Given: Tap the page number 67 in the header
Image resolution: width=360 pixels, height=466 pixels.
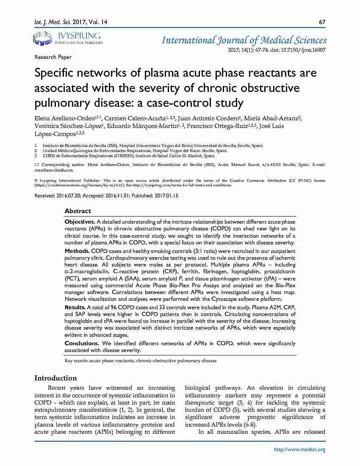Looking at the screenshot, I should [322, 22].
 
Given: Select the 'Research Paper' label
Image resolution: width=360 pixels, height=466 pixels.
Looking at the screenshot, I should [53, 57].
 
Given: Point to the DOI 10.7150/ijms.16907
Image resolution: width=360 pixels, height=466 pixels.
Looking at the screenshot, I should [304, 50].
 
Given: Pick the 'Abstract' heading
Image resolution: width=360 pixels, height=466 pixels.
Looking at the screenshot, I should [78, 211].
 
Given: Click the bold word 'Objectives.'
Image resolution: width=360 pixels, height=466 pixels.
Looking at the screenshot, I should [80, 222].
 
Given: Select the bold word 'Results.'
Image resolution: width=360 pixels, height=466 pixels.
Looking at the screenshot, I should [75, 307].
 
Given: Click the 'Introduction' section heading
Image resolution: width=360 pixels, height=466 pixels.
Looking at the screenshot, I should [55, 378].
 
